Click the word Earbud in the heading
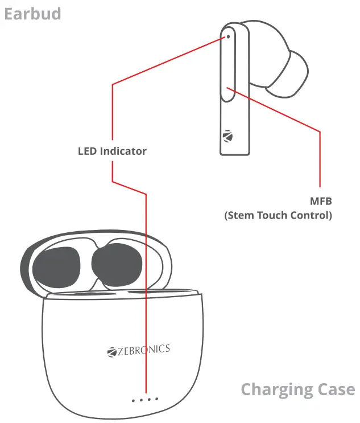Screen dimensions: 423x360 point(32,13)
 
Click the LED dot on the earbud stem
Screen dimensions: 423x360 point(228,36)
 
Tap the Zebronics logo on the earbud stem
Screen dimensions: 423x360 point(229,138)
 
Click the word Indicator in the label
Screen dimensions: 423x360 point(123,151)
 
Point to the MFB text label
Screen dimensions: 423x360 point(321,202)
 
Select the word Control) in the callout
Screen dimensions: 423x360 point(312,215)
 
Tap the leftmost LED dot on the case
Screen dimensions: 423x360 point(133,400)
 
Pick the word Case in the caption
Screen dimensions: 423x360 point(335,390)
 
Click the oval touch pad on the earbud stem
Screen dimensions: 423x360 point(227,65)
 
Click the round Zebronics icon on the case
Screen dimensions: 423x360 point(111,352)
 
